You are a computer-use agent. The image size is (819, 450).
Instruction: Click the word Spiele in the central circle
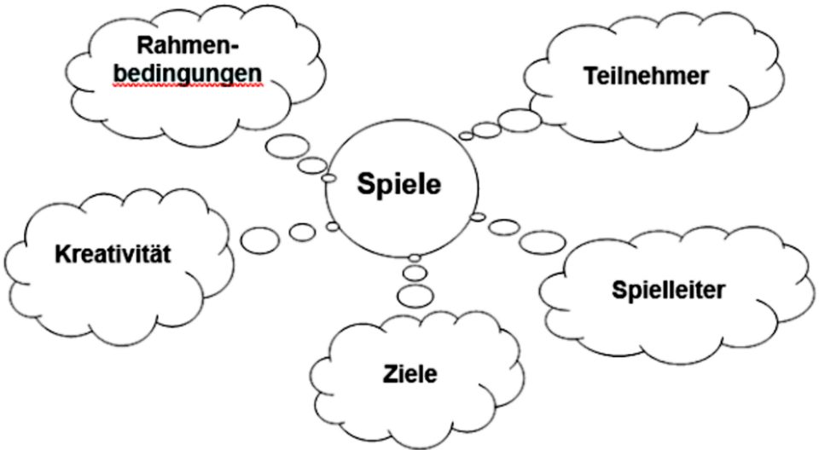(399, 185)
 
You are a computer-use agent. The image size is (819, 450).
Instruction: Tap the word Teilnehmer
(646, 76)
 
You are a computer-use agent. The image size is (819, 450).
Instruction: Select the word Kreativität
(113, 254)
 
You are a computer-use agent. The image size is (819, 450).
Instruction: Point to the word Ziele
(410, 374)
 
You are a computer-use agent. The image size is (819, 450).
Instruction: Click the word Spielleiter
(668, 291)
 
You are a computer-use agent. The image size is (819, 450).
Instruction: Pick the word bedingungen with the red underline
(188, 74)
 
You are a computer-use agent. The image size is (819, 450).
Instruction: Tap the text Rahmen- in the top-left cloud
(188, 45)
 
